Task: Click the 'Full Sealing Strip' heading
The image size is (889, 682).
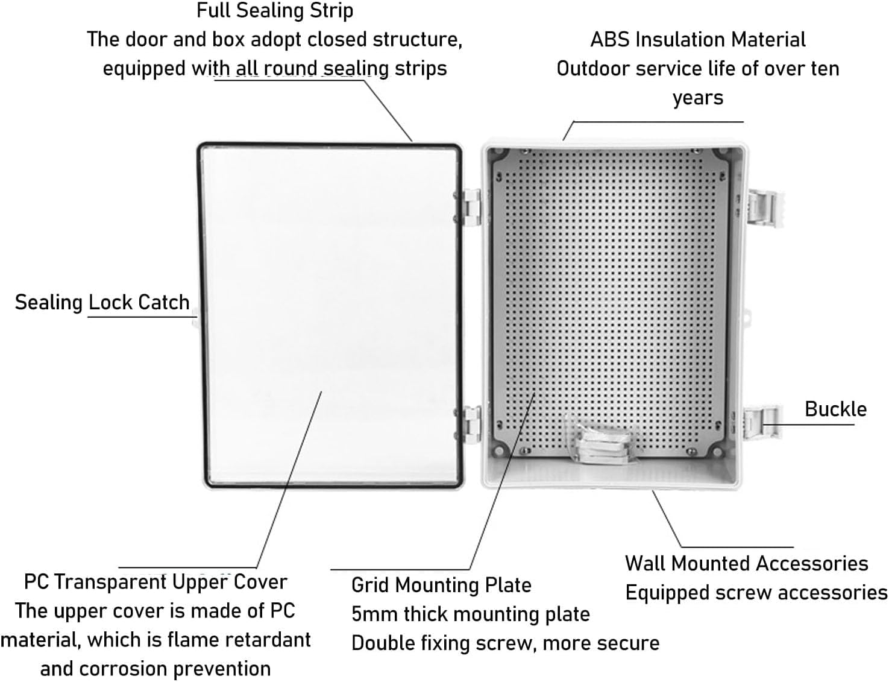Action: tap(275, 11)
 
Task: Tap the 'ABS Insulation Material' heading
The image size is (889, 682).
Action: tap(697, 40)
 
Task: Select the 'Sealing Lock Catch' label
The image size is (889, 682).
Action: tap(102, 302)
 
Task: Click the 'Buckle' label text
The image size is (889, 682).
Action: tap(835, 409)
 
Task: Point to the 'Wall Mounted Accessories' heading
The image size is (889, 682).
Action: tap(746, 563)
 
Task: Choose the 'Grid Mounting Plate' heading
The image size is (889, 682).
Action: tap(441, 585)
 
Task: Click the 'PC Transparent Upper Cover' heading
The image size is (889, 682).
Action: tap(155, 582)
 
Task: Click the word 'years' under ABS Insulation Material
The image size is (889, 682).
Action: tap(697, 98)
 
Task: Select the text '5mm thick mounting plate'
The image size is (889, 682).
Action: tap(470, 614)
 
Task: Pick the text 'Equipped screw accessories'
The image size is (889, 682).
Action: tap(756, 593)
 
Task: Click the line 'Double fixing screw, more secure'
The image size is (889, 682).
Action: tap(505, 643)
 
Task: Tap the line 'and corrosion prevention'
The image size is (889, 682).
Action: tap(155, 669)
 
